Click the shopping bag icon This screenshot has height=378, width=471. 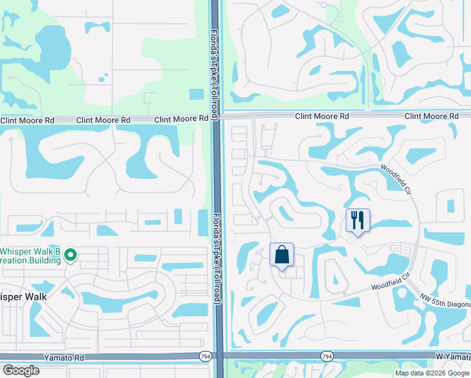point(282,255)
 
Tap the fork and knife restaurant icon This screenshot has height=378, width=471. point(357,221)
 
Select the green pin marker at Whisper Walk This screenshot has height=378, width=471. point(71,255)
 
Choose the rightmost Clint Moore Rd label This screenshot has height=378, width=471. point(431,117)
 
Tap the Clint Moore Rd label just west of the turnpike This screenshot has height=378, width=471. point(181,118)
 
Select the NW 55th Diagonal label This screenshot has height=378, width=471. point(443,302)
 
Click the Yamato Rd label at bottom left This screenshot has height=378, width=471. point(64,357)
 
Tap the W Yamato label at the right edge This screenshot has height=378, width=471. point(453,356)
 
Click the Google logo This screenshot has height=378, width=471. point(21,370)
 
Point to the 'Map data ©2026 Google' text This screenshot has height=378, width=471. point(431,373)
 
